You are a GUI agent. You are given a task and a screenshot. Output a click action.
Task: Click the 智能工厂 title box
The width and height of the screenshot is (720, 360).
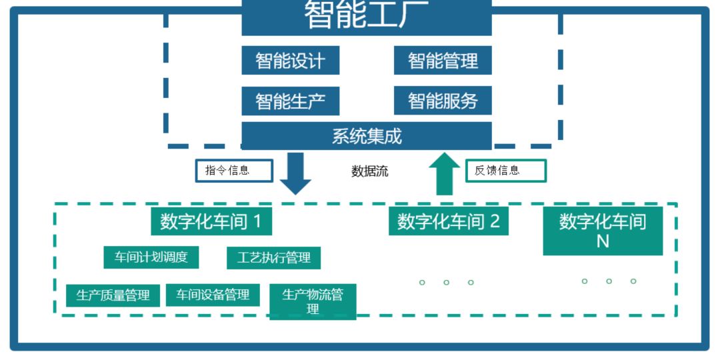click(366, 16)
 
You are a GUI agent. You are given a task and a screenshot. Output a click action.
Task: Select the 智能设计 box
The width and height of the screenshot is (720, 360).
click(290, 61)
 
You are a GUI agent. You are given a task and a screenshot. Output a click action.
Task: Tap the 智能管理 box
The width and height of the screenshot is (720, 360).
click(443, 61)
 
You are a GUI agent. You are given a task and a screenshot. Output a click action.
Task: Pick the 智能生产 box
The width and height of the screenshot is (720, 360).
click(290, 101)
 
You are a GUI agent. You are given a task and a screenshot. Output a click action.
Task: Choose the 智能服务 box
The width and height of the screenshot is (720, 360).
click(443, 101)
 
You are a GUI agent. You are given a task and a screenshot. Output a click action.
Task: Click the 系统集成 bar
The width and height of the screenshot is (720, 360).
click(366, 136)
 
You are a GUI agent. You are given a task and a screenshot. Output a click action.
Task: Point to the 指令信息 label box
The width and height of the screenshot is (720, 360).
click(234, 171)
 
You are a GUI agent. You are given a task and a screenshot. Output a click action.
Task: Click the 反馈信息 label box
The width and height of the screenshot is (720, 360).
click(505, 171)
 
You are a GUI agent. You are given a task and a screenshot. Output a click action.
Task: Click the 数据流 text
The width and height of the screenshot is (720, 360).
click(370, 171)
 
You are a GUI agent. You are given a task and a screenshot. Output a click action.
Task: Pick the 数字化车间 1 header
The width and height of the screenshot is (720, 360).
click(211, 221)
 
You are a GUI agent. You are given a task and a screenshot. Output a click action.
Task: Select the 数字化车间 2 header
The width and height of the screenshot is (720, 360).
click(448, 221)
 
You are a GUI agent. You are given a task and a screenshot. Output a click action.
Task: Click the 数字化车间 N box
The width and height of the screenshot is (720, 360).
click(603, 231)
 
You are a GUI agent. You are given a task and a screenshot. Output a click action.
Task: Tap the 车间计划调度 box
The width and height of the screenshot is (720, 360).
click(151, 257)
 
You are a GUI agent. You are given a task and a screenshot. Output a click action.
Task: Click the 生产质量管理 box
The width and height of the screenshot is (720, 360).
click(113, 295)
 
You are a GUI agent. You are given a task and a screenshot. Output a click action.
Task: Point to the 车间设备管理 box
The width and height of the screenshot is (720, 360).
click(213, 295)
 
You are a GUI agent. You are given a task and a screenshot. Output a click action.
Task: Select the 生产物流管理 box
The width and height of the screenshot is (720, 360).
click(313, 302)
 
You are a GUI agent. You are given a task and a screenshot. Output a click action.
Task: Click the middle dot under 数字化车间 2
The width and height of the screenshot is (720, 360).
click(446, 283)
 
